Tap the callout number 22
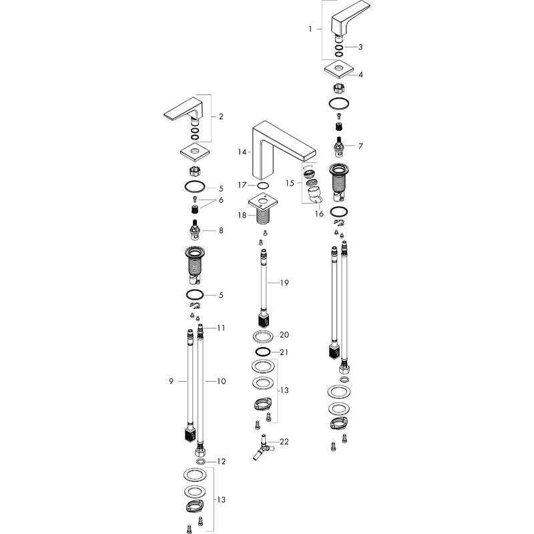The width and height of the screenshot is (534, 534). click(x=284, y=441)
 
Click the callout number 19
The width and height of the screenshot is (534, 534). click(x=284, y=283)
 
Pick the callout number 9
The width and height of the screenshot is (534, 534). click(x=172, y=381)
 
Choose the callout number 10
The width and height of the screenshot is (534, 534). click(x=220, y=381)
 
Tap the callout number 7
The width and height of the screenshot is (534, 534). click(x=360, y=146)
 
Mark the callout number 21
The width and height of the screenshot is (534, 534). click(x=284, y=352)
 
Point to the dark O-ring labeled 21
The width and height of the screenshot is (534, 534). click(x=262, y=352)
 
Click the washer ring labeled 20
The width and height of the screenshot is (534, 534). click(x=262, y=335)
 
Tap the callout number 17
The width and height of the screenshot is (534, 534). click(x=244, y=185)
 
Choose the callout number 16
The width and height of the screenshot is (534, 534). click(x=319, y=214)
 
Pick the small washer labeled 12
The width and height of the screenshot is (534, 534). click(x=201, y=461)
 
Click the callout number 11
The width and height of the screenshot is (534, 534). click(x=220, y=328)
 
